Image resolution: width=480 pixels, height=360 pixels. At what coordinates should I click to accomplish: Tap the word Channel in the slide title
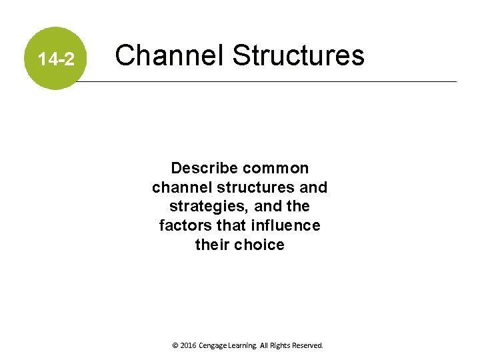[169, 55]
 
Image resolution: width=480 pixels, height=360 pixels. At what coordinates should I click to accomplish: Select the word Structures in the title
[298, 55]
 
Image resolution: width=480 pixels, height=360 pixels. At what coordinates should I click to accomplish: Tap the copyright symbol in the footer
[175, 346]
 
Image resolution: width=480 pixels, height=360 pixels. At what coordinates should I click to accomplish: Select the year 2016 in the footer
[189, 346]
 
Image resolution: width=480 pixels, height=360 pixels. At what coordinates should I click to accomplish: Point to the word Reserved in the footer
[310, 346]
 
